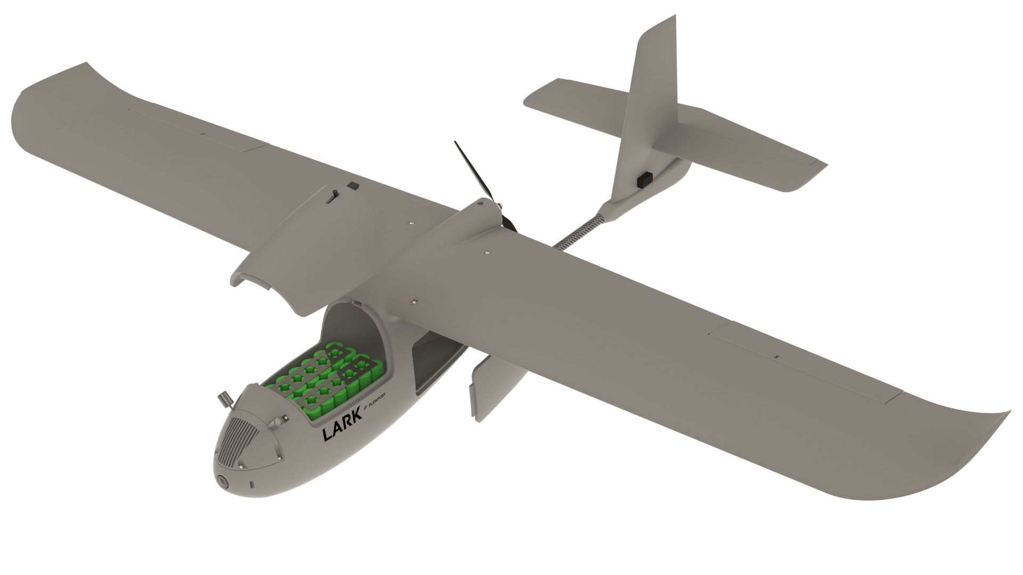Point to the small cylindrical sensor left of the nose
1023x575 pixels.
coord(224,399)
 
